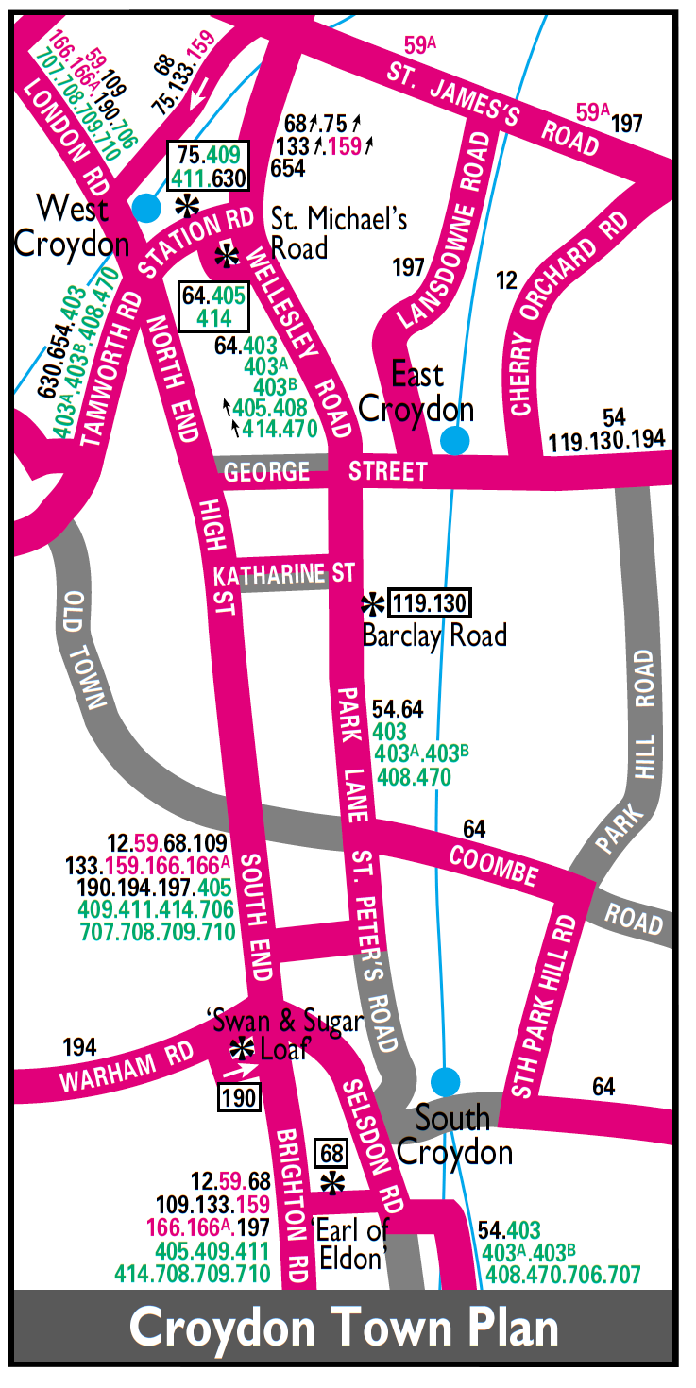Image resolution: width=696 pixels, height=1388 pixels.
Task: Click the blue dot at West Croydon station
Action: pos(145,208)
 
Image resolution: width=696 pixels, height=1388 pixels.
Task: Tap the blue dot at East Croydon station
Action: pos(455,440)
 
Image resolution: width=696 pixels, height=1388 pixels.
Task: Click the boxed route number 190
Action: pos(236,1096)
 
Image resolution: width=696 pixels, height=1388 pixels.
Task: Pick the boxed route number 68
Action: pos(331,1153)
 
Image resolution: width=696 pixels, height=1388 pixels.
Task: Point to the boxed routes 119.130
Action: pos(430,602)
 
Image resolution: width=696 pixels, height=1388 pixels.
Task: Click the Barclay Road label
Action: pos(434,635)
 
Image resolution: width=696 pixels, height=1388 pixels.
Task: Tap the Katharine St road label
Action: pos(283,575)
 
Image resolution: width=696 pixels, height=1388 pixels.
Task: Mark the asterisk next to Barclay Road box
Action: pos(374,602)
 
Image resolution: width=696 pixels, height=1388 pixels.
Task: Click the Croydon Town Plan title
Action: pos(344,1328)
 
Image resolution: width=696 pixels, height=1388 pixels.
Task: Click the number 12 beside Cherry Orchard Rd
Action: pos(507,280)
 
